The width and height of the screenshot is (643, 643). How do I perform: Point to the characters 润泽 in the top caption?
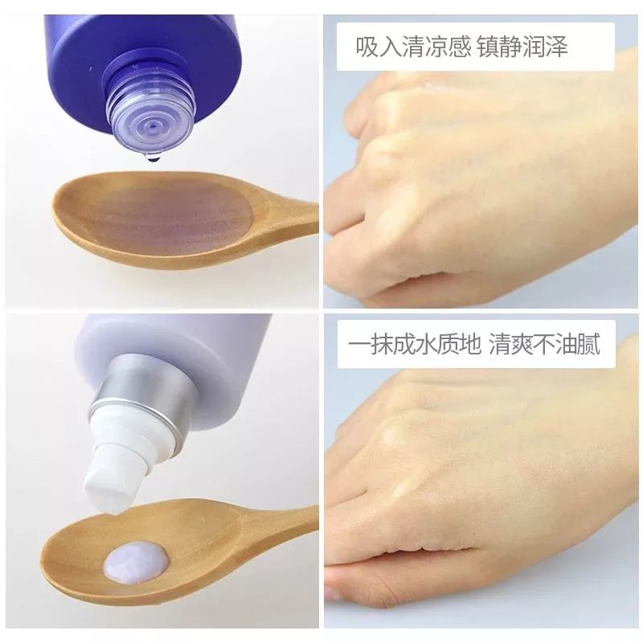[550, 47]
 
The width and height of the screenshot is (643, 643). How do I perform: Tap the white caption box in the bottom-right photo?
[475, 346]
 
